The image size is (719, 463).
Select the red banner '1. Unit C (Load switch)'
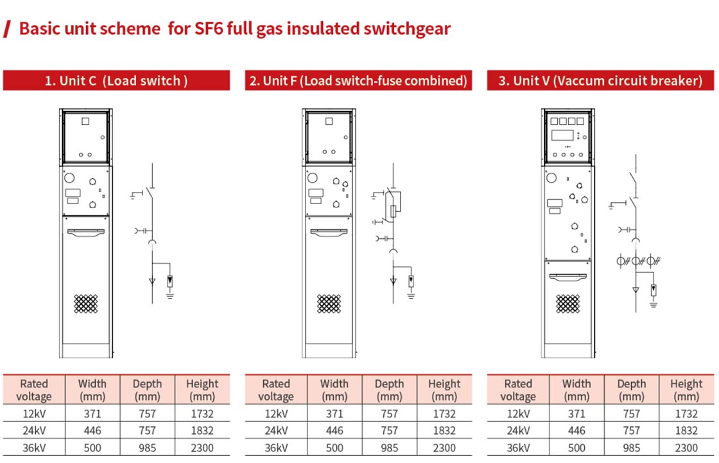point(116,81)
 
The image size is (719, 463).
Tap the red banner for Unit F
point(358,81)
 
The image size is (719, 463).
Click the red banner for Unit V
point(600,81)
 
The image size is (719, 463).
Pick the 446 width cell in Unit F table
point(334,430)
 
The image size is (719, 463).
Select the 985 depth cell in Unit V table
point(632,448)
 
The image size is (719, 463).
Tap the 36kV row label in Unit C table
point(33,448)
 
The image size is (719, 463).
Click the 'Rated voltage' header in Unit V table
point(518,390)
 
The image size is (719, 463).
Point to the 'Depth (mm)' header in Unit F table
point(389,390)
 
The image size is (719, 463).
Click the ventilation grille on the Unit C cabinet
point(87,304)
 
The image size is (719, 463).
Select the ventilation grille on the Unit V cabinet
point(568,304)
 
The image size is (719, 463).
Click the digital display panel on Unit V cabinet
point(563,136)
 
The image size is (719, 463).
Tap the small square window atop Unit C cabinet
point(86,121)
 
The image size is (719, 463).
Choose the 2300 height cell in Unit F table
point(444,448)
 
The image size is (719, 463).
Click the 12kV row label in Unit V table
point(517,414)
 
